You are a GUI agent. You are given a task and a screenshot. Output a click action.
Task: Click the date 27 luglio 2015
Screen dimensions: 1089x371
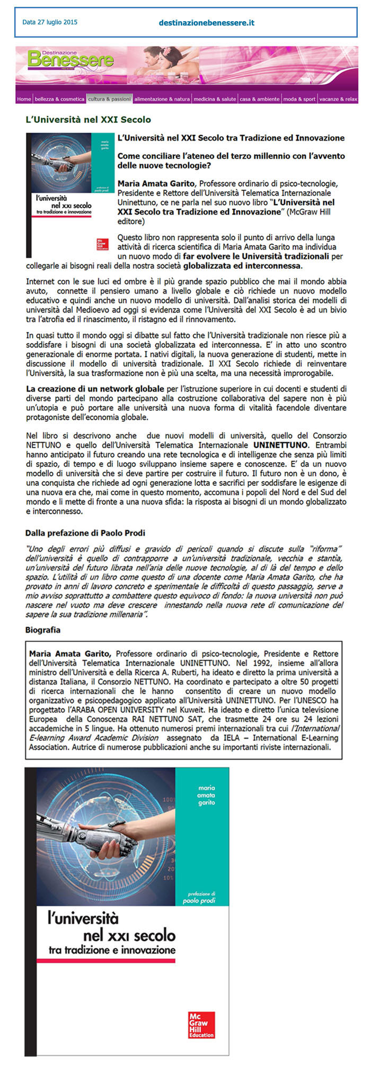coord(50,22)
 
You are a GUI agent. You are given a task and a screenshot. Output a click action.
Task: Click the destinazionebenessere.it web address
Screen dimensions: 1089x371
coord(207,23)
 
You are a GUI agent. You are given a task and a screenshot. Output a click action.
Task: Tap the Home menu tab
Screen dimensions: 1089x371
coord(24,99)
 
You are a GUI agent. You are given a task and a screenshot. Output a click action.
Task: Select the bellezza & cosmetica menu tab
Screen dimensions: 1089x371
coord(59,99)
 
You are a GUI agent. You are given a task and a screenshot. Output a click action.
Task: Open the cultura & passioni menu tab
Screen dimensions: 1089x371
coord(109,99)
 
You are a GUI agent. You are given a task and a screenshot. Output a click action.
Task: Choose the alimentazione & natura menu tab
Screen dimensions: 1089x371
coord(162,99)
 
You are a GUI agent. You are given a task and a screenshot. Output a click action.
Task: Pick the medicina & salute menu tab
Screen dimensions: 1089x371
coord(215,99)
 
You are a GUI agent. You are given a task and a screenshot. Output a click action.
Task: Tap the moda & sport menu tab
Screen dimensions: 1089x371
coord(299,99)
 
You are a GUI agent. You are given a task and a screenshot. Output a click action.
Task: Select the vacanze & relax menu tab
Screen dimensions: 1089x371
coord(338,99)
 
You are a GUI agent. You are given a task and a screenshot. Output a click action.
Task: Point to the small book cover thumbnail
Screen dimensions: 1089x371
coord(70,195)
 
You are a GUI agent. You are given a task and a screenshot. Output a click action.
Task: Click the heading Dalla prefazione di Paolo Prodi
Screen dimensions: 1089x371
coord(85,533)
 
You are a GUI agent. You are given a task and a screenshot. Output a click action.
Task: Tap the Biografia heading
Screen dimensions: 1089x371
coord(43,630)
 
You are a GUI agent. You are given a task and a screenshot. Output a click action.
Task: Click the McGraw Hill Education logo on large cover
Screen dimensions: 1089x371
coord(201,1024)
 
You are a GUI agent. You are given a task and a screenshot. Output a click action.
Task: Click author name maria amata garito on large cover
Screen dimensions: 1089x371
coord(207,795)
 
